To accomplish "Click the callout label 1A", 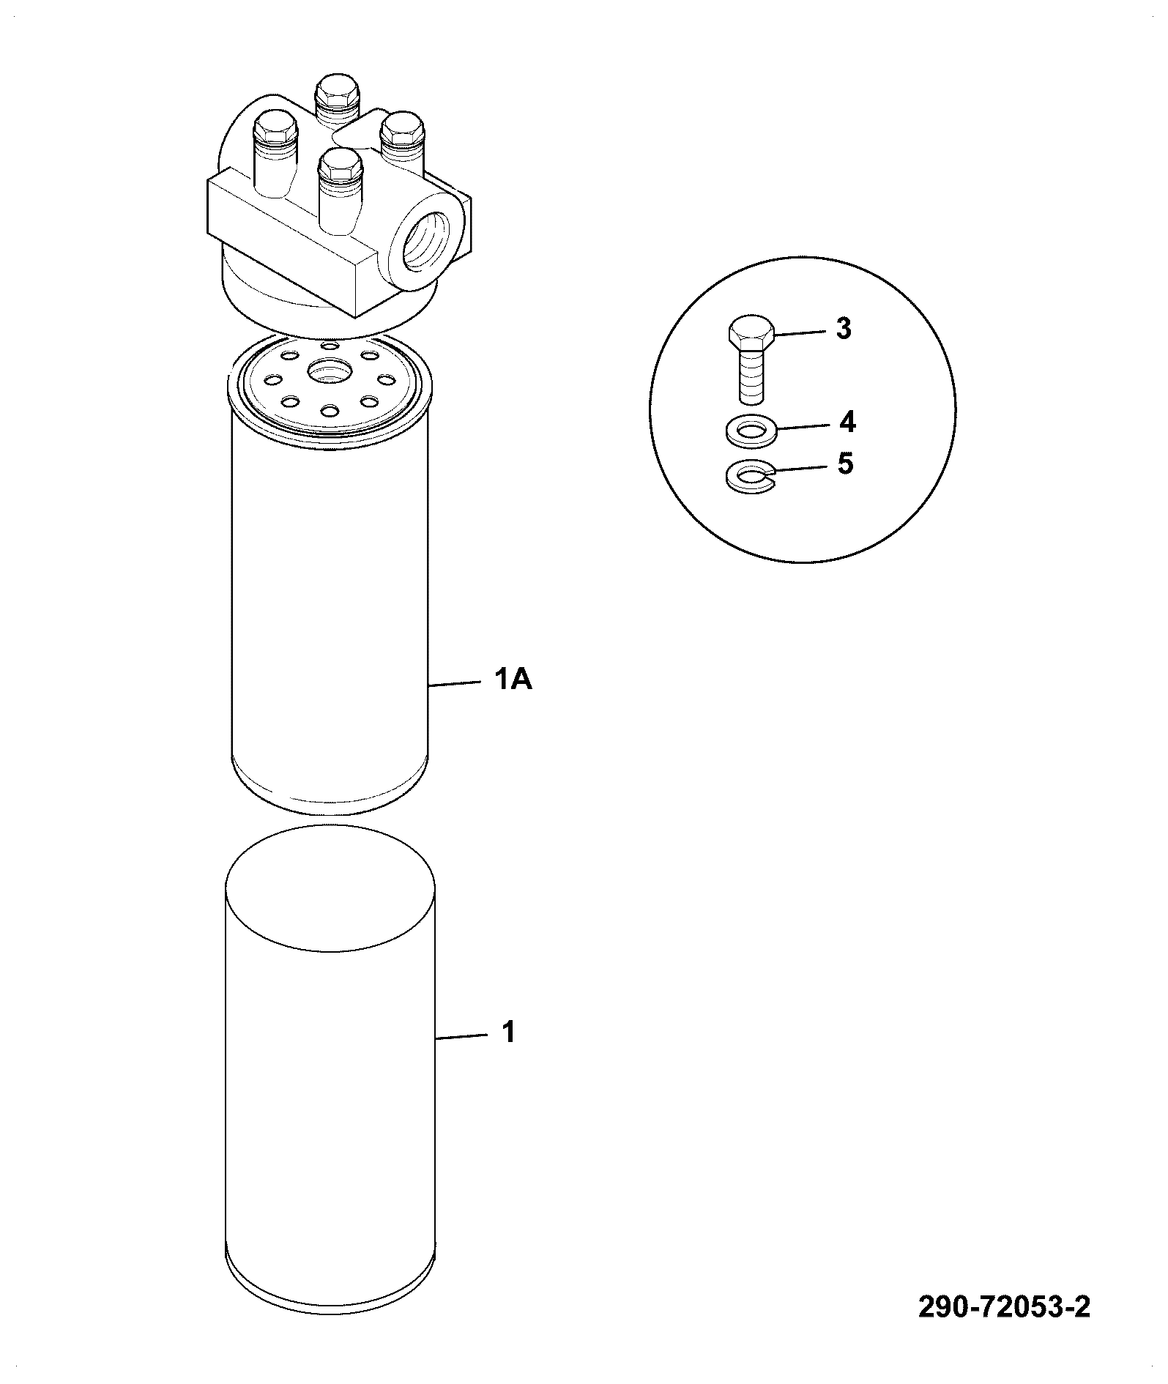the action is [513, 682].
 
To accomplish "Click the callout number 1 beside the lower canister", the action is [508, 1033].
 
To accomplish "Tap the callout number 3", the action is [844, 330].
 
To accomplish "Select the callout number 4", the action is [847, 423].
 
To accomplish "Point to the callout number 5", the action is [846, 464].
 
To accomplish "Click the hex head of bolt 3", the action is [751, 334].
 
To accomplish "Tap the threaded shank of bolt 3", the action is [751, 376].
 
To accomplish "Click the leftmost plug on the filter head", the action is [274, 150].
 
